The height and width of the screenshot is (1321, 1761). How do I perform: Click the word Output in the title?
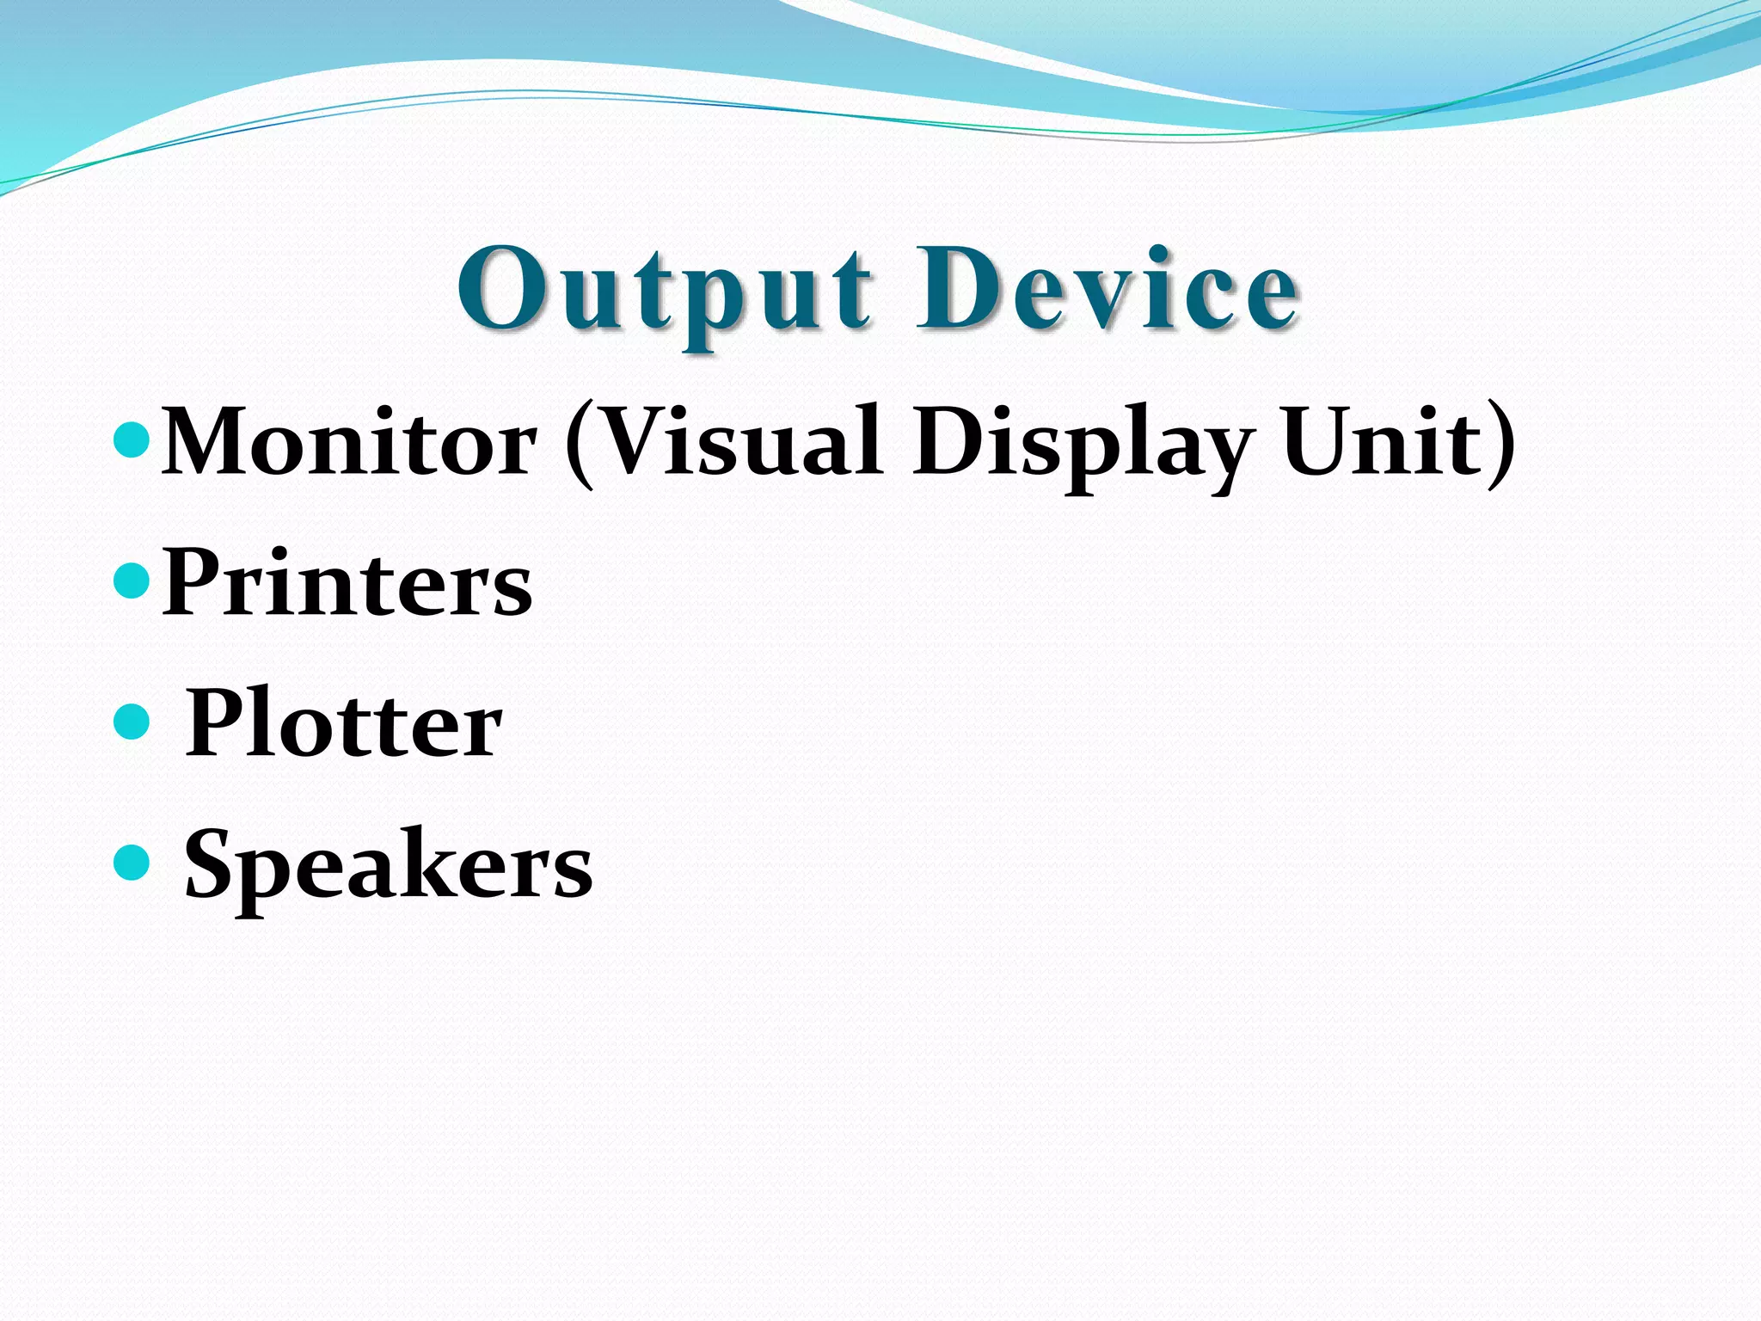pos(665,291)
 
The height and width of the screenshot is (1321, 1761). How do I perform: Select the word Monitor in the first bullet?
pos(349,442)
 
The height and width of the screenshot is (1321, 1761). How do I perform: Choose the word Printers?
pos(347,583)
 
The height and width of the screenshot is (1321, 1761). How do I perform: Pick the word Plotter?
pos(343,724)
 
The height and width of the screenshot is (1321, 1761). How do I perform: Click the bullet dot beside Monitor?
pos(132,440)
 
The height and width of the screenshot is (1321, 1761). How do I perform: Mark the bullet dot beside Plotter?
pos(132,722)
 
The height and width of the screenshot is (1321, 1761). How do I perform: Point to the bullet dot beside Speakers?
pos(132,863)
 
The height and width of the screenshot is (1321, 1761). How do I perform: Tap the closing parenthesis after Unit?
pos(1500,445)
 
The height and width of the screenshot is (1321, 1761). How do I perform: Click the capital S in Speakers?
pos(211,863)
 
